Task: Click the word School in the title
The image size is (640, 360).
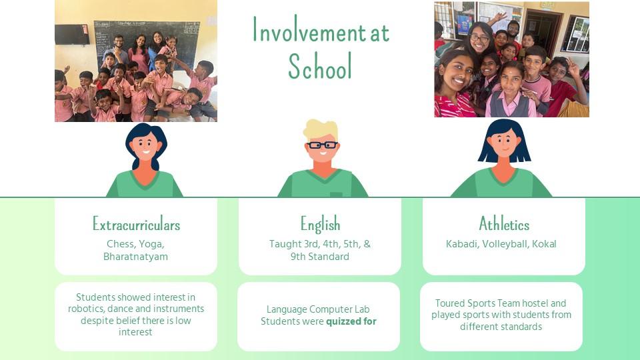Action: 320,66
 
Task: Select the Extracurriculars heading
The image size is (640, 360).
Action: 136,224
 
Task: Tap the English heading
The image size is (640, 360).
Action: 320,224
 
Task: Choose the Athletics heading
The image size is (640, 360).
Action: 504,224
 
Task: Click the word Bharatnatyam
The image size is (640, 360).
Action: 135,257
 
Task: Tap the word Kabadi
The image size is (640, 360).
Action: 461,244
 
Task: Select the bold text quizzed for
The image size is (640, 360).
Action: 351,321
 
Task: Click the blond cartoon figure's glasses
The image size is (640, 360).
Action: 323,145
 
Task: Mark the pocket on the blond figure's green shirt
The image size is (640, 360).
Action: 336,194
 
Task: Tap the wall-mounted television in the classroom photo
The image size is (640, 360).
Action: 72,34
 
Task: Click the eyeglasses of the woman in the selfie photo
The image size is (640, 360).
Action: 479,39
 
